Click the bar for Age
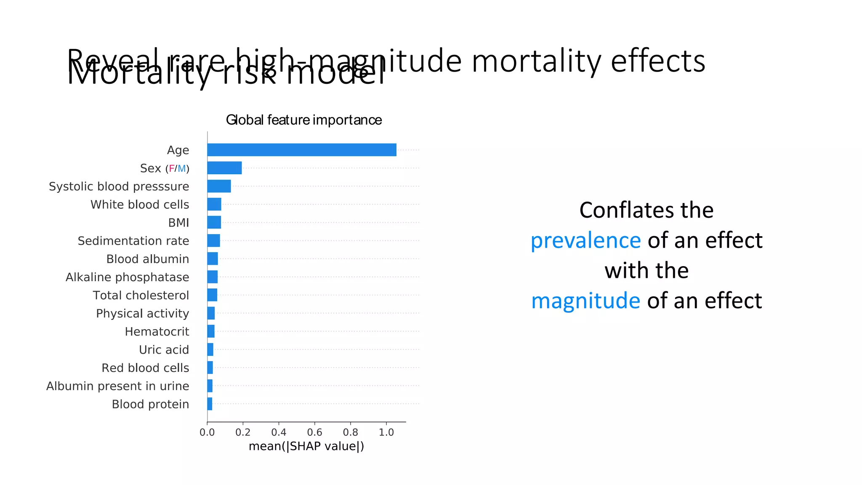301,150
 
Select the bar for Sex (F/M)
224,168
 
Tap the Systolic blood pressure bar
219,186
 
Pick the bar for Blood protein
210,404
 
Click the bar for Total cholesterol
212,295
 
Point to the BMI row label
178,223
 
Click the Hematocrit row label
157,332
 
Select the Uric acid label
164,350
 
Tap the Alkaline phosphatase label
127,277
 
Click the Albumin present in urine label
117,386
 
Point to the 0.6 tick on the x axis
314,432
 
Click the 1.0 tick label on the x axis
386,432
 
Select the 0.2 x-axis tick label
243,432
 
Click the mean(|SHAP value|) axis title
306,446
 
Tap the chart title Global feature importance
304,120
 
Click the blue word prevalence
585,240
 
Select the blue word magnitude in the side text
585,301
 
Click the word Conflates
619,210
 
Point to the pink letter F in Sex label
171,169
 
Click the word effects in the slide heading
657,61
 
